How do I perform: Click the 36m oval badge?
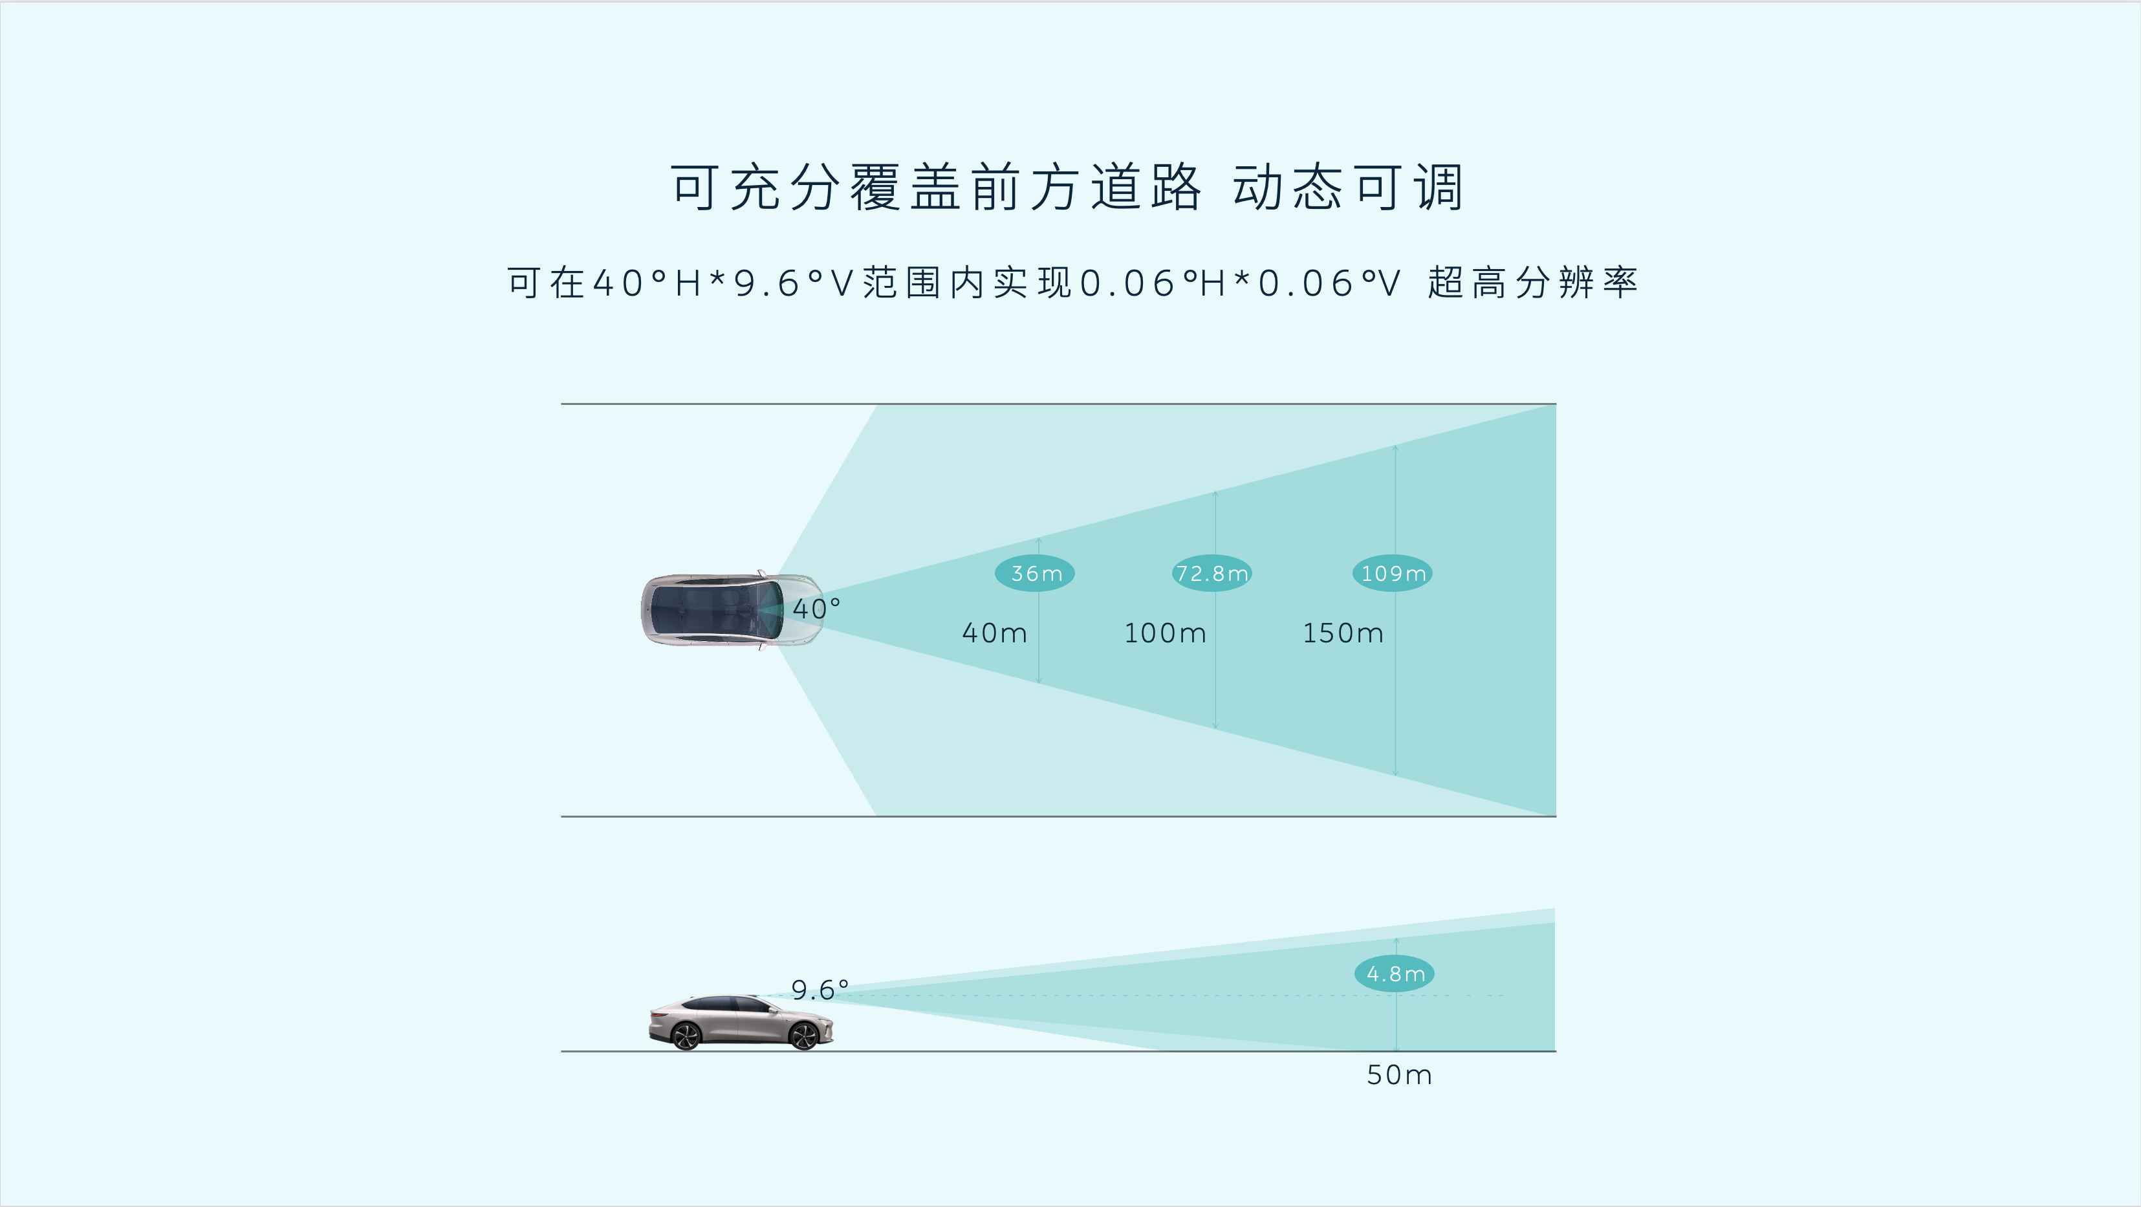pyautogui.click(x=1035, y=572)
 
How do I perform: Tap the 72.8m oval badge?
pyautogui.click(x=1212, y=572)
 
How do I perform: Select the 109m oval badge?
pyautogui.click(x=1392, y=572)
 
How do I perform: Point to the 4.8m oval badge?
pyautogui.click(x=1395, y=973)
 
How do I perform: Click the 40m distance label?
pyautogui.click(x=995, y=633)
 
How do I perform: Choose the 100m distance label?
pyautogui.click(x=1165, y=633)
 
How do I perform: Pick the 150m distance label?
pyautogui.click(x=1343, y=633)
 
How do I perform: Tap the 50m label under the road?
pyautogui.click(x=1400, y=1075)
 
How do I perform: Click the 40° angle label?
pyautogui.click(x=816, y=609)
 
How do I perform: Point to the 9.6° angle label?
pyautogui.click(x=820, y=989)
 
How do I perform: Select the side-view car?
pyautogui.click(x=740, y=1023)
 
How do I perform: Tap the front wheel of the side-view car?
pyautogui.click(x=804, y=1036)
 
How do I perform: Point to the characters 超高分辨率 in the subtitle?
pyautogui.click(x=1532, y=283)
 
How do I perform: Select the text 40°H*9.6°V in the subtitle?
pyautogui.click(x=723, y=283)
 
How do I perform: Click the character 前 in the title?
pyautogui.click(x=997, y=187)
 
